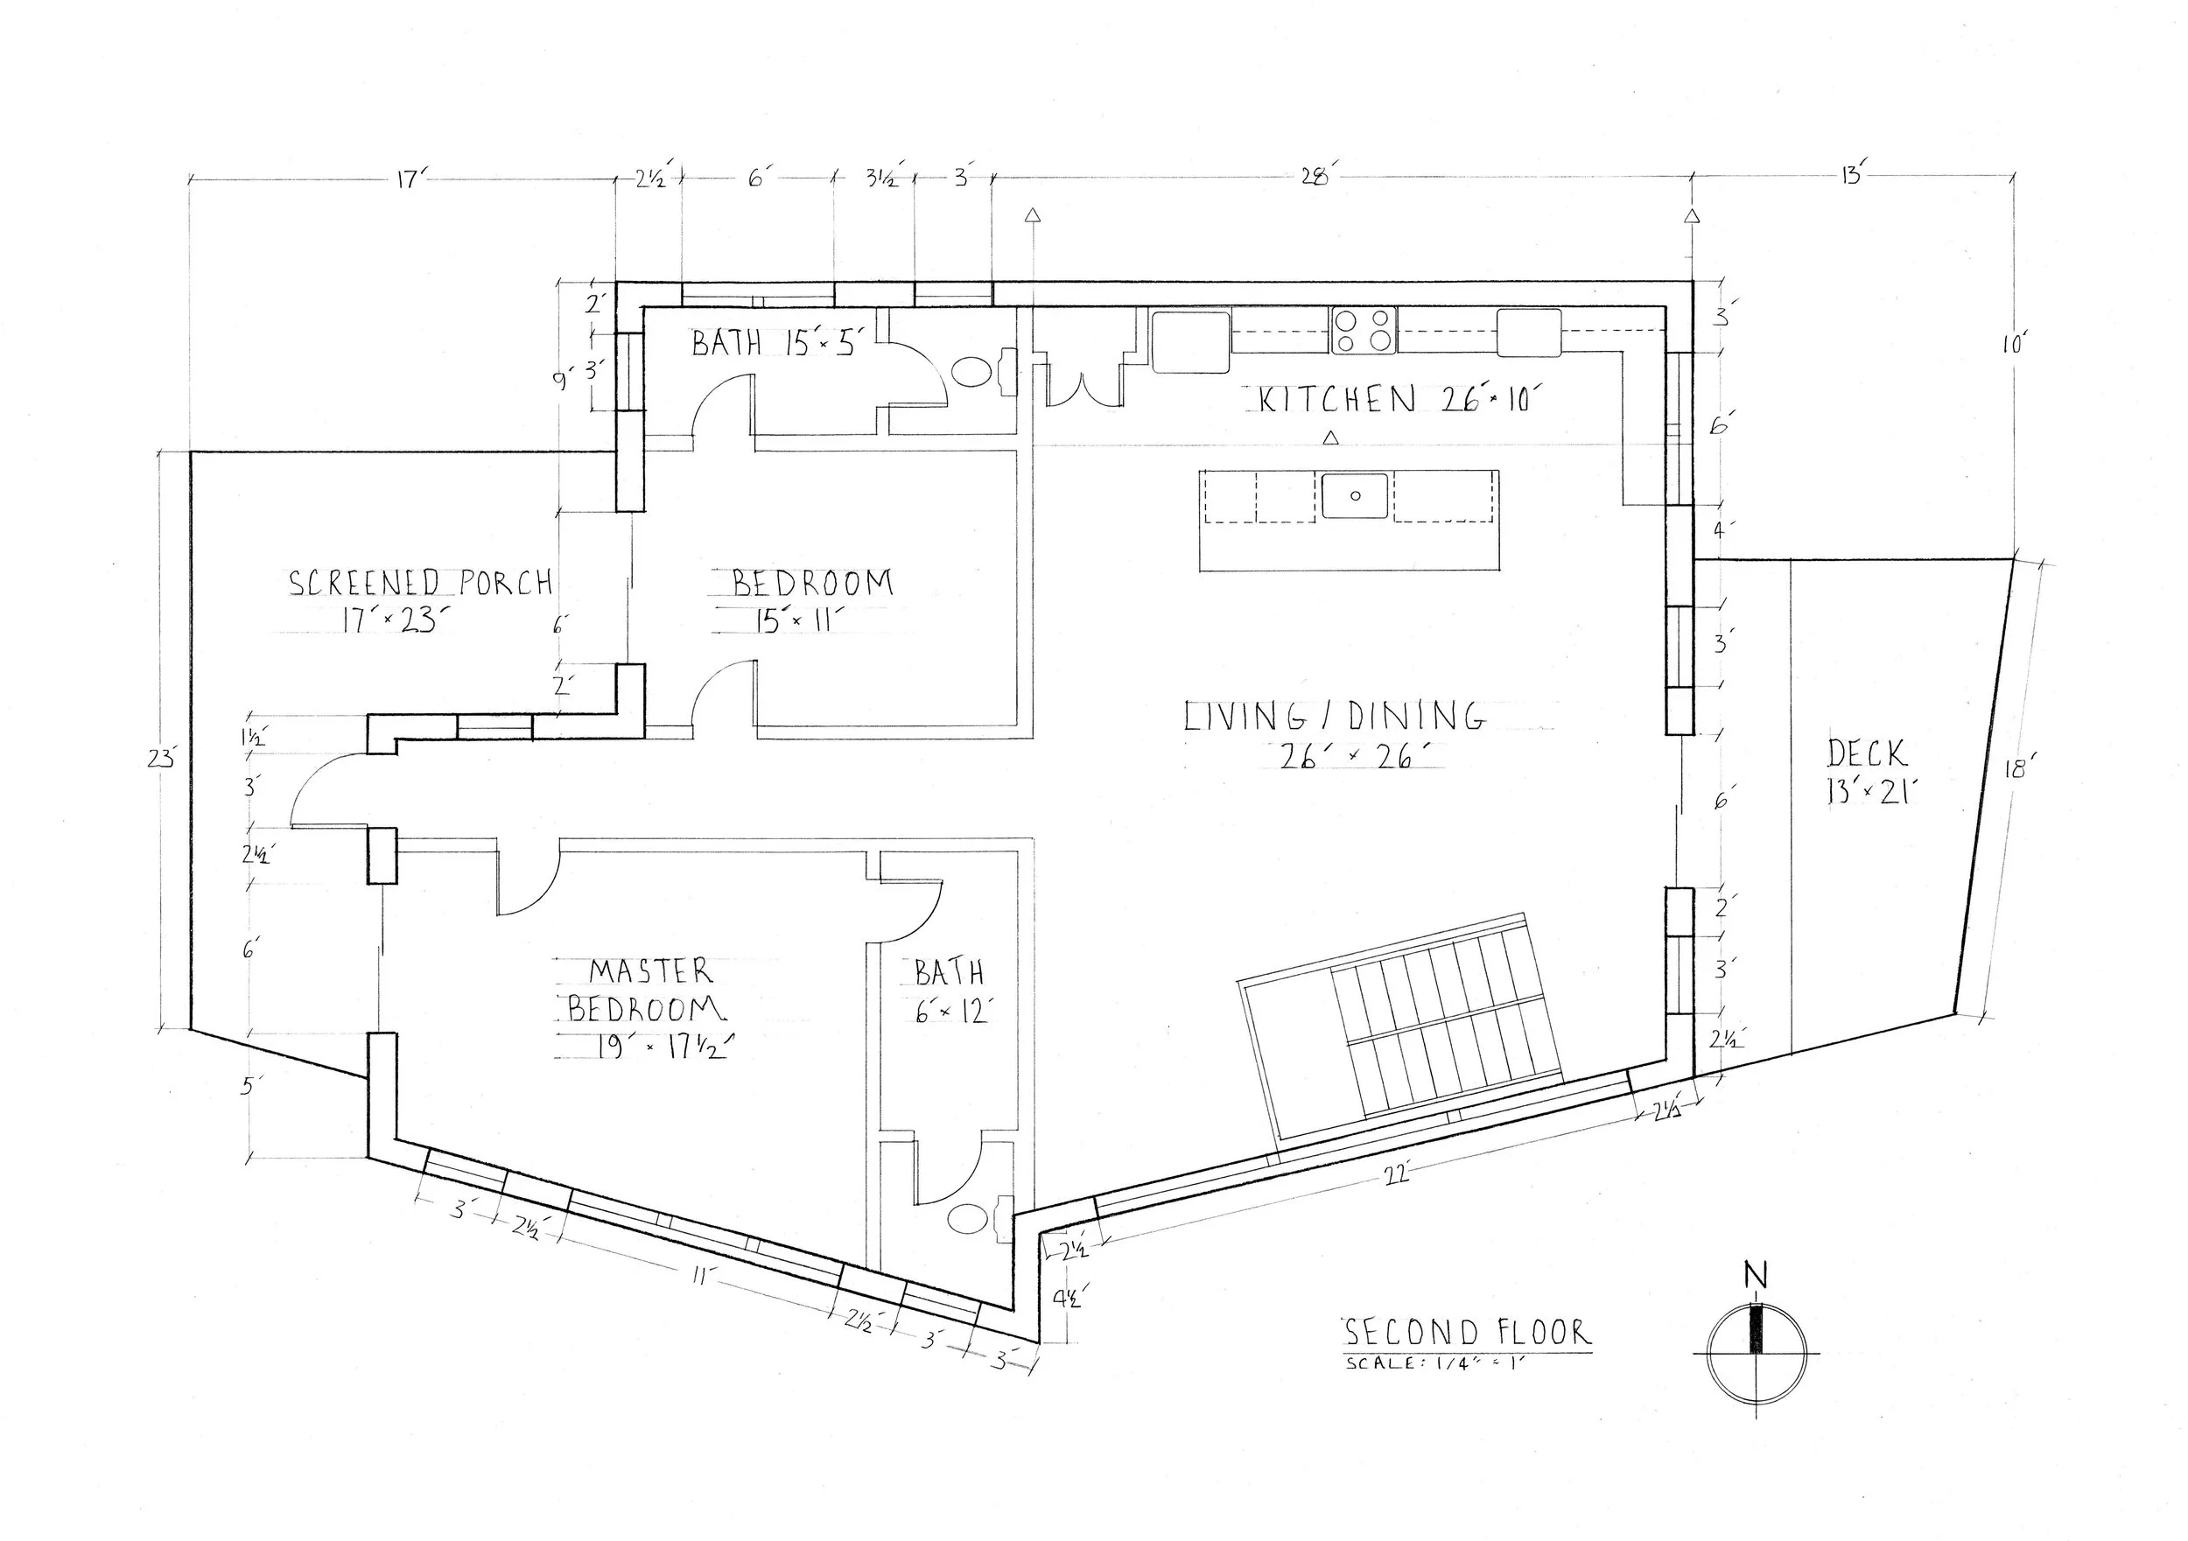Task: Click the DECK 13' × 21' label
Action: point(1868,771)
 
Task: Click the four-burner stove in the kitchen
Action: point(1364,331)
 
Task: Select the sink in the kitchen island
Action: point(1354,495)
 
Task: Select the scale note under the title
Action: point(1435,1362)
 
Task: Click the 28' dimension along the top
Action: point(1315,178)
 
